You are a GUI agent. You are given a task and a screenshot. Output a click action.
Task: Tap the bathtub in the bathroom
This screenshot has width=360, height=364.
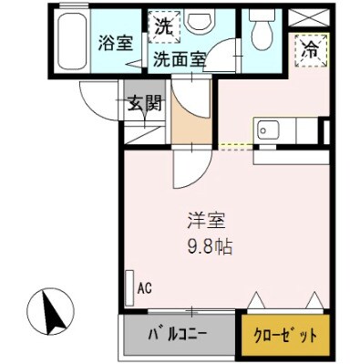click(x=70, y=42)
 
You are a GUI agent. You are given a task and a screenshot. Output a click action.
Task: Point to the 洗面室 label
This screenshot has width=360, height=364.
click(x=178, y=60)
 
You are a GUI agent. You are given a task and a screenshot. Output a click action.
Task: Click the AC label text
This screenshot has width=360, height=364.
click(x=144, y=289)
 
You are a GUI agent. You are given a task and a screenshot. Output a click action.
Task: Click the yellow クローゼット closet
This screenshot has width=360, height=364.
click(x=283, y=335)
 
